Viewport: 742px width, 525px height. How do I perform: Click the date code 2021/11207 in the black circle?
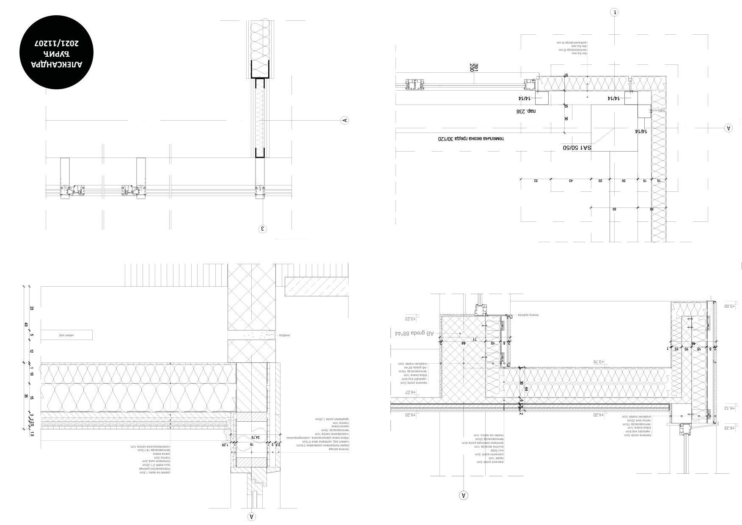click(x=56, y=43)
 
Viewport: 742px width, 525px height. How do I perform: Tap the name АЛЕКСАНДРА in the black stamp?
click(x=56, y=64)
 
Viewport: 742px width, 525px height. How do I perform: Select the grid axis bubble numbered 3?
click(x=263, y=229)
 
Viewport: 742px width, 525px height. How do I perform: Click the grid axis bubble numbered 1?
click(x=614, y=12)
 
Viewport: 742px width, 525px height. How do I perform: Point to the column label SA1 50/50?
click(x=577, y=148)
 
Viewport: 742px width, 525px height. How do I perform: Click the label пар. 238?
click(x=526, y=111)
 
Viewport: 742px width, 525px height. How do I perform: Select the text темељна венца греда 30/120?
click(x=471, y=138)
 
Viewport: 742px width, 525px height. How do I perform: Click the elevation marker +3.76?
click(x=599, y=362)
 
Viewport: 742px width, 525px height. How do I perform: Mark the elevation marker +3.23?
click(x=411, y=318)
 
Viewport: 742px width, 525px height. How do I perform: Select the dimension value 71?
click(x=475, y=339)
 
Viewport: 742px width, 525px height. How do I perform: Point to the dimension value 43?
click(x=571, y=181)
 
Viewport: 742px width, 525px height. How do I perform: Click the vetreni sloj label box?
click(x=66, y=335)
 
